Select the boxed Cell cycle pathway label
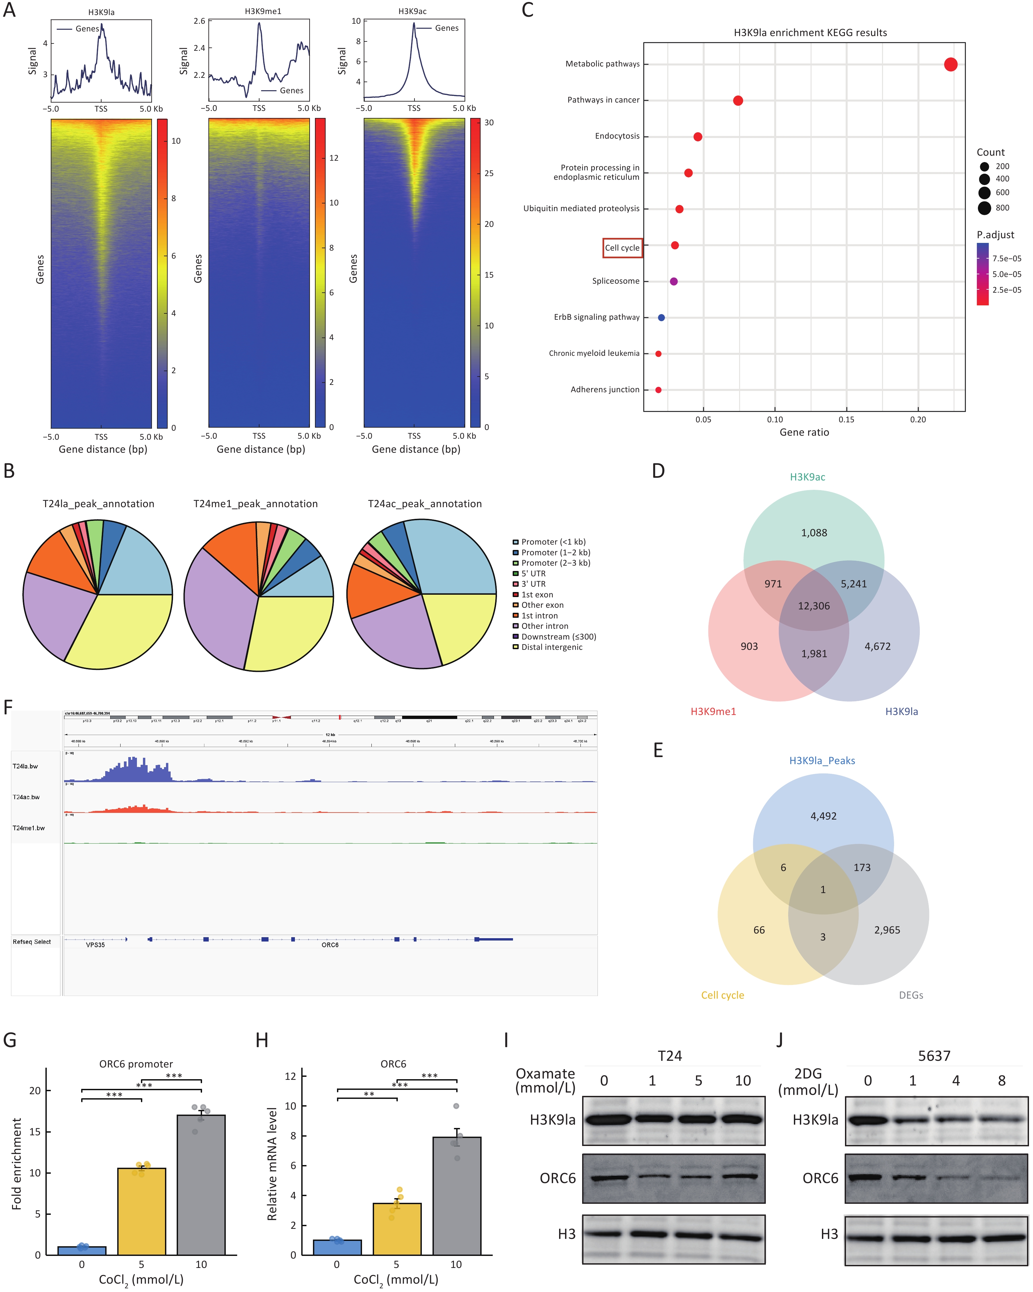[x=622, y=248]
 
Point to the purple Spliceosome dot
[x=674, y=281]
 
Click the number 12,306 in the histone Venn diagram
[x=814, y=606]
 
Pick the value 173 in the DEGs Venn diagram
[x=862, y=867]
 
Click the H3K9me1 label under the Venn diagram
[x=713, y=711]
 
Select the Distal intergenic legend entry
[x=551, y=647]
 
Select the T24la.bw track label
[x=25, y=766]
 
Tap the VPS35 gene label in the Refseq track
[x=95, y=945]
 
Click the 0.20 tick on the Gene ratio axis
[x=917, y=420]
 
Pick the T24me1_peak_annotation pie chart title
[x=255, y=504]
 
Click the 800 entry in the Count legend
[x=1002, y=208]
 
